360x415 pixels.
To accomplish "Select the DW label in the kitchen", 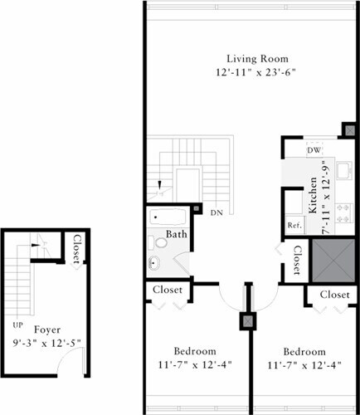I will (x=314, y=150).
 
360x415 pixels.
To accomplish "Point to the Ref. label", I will (x=294, y=225).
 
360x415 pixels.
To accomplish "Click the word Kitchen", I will (x=313, y=196).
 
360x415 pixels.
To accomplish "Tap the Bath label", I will (x=176, y=235).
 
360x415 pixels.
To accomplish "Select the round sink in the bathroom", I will (x=153, y=264).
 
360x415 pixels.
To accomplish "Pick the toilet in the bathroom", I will (x=153, y=243).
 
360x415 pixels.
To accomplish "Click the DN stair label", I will (x=216, y=212).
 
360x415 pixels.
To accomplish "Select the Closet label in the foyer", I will (x=77, y=250).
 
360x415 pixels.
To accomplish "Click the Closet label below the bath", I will (x=171, y=290).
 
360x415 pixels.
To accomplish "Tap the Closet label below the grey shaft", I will (x=334, y=295).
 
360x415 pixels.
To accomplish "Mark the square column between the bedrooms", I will (x=247, y=320).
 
